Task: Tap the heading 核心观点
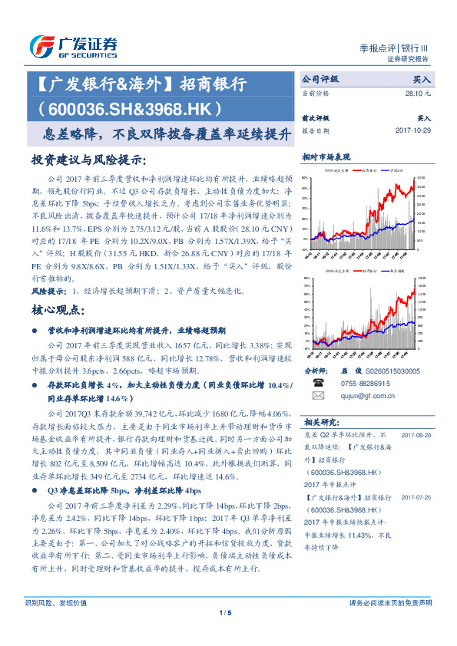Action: (x=58, y=311)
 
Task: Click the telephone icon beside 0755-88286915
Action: (x=317, y=382)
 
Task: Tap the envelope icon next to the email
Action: (x=317, y=395)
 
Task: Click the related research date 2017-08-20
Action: (x=416, y=435)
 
